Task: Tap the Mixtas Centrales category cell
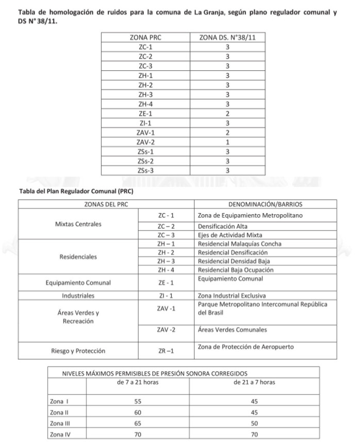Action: [x=78, y=224]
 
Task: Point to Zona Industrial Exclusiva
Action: [x=231, y=296]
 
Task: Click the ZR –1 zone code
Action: [x=166, y=351]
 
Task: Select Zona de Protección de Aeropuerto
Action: [x=246, y=347]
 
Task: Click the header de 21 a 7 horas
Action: [x=254, y=383]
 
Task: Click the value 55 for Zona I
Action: [x=137, y=401]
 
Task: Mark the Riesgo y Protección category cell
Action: [x=78, y=351]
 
